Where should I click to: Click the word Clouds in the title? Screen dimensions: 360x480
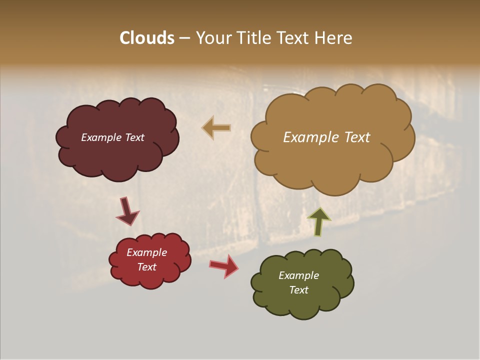point(147,38)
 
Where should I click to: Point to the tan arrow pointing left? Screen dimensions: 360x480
point(216,128)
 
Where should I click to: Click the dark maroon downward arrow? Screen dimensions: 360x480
point(127,211)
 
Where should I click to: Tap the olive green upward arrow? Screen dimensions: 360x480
point(318,220)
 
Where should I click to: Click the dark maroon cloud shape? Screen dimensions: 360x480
point(117,150)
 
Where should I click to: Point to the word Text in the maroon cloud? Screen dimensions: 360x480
point(134,137)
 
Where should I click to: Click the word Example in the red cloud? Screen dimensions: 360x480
point(146,252)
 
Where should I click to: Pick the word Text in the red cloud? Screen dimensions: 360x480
point(146,267)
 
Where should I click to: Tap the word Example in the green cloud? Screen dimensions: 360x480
point(298,275)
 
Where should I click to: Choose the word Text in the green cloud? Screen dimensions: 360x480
point(298,290)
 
